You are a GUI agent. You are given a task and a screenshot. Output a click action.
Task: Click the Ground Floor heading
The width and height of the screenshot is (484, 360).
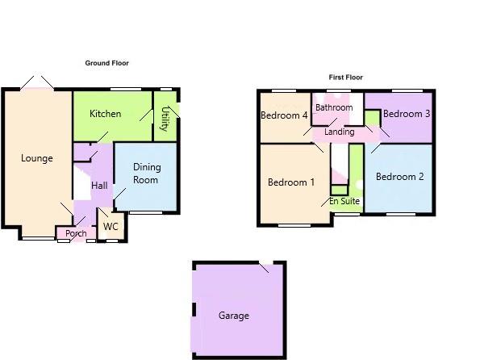(107, 63)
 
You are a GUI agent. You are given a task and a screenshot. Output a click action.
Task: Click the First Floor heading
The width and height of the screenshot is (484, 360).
(345, 77)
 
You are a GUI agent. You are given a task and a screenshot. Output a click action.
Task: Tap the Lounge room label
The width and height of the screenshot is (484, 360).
(37, 158)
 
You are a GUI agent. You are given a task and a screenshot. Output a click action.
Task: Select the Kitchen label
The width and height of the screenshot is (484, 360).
(106, 114)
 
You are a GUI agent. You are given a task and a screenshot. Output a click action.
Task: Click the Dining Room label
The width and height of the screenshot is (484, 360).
(146, 174)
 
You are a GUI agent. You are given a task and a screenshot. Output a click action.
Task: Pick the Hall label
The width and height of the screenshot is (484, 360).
(99, 186)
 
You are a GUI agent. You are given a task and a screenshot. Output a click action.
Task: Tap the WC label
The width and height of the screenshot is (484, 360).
(111, 227)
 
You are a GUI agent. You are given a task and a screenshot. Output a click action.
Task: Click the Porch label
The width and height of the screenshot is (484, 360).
(76, 234)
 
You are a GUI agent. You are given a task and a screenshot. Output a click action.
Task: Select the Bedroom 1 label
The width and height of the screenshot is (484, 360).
(291, 182)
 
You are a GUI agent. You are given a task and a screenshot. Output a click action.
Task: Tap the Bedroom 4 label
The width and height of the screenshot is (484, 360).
(284, 115)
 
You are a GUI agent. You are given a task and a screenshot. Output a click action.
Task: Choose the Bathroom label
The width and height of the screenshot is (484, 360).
(334, 107)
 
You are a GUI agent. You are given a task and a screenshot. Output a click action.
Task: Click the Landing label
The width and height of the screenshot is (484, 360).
(340, 132)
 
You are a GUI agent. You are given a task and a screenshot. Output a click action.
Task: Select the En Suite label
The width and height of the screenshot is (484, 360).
(344, 201)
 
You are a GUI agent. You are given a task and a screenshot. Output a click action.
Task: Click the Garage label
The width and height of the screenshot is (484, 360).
(234, 316)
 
